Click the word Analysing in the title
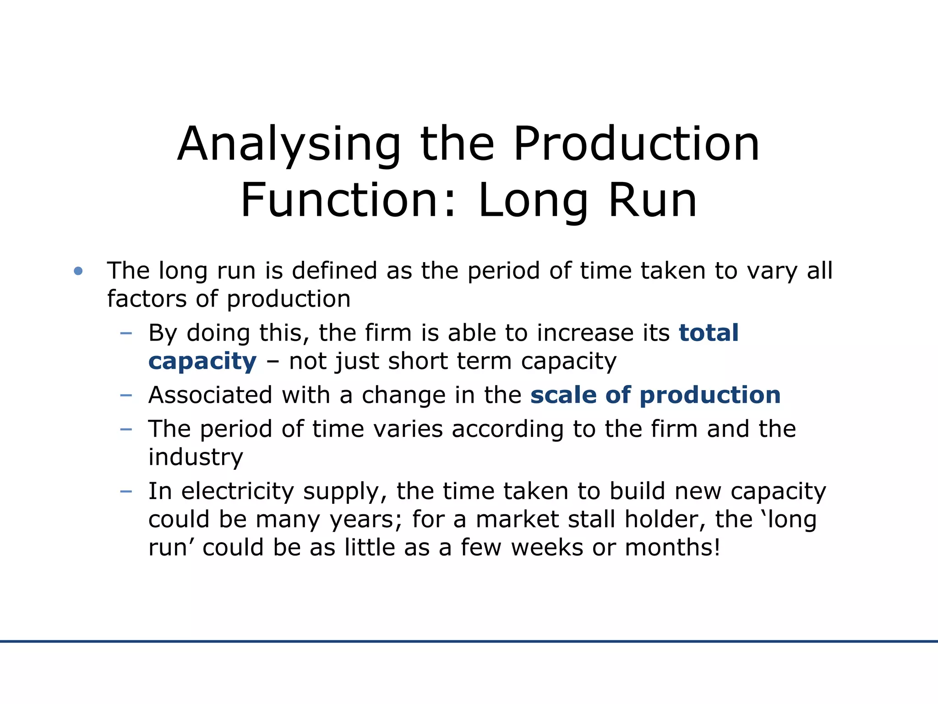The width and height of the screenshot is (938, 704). [x=289, y=146]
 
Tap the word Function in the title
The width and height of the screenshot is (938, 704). [x=348, y=201]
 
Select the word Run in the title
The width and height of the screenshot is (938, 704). [x=652, y=201]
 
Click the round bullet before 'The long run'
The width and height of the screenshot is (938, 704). [x=78, y=271]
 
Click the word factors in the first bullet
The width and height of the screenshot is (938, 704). [x=147, y=299]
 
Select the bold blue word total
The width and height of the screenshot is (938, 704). [x=709, y=333]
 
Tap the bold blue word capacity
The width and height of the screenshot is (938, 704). [x=202, y=362]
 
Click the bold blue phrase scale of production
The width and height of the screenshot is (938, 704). [x=655, y=395]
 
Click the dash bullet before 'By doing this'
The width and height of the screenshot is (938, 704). [x=125, y=333]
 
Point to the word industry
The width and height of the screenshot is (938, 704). [x=196, y=457]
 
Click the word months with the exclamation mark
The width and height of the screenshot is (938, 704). [x=672, y=548]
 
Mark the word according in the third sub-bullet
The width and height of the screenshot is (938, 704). [x=507, y=430]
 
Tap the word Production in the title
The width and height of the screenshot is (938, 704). [x=637, y=145]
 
